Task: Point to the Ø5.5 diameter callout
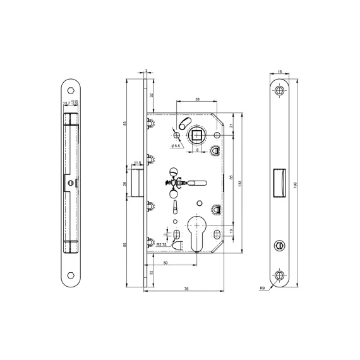pos(176,147)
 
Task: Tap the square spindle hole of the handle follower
pos(196,135)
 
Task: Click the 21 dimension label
pos(231,126)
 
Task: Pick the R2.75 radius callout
pos(162,243)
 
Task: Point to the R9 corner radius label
pos(261,287)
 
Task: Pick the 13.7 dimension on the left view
pos(66,104)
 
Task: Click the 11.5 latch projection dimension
pos(138,164)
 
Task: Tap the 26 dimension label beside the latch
pos(125,183)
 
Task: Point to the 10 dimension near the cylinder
pos(231,231)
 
